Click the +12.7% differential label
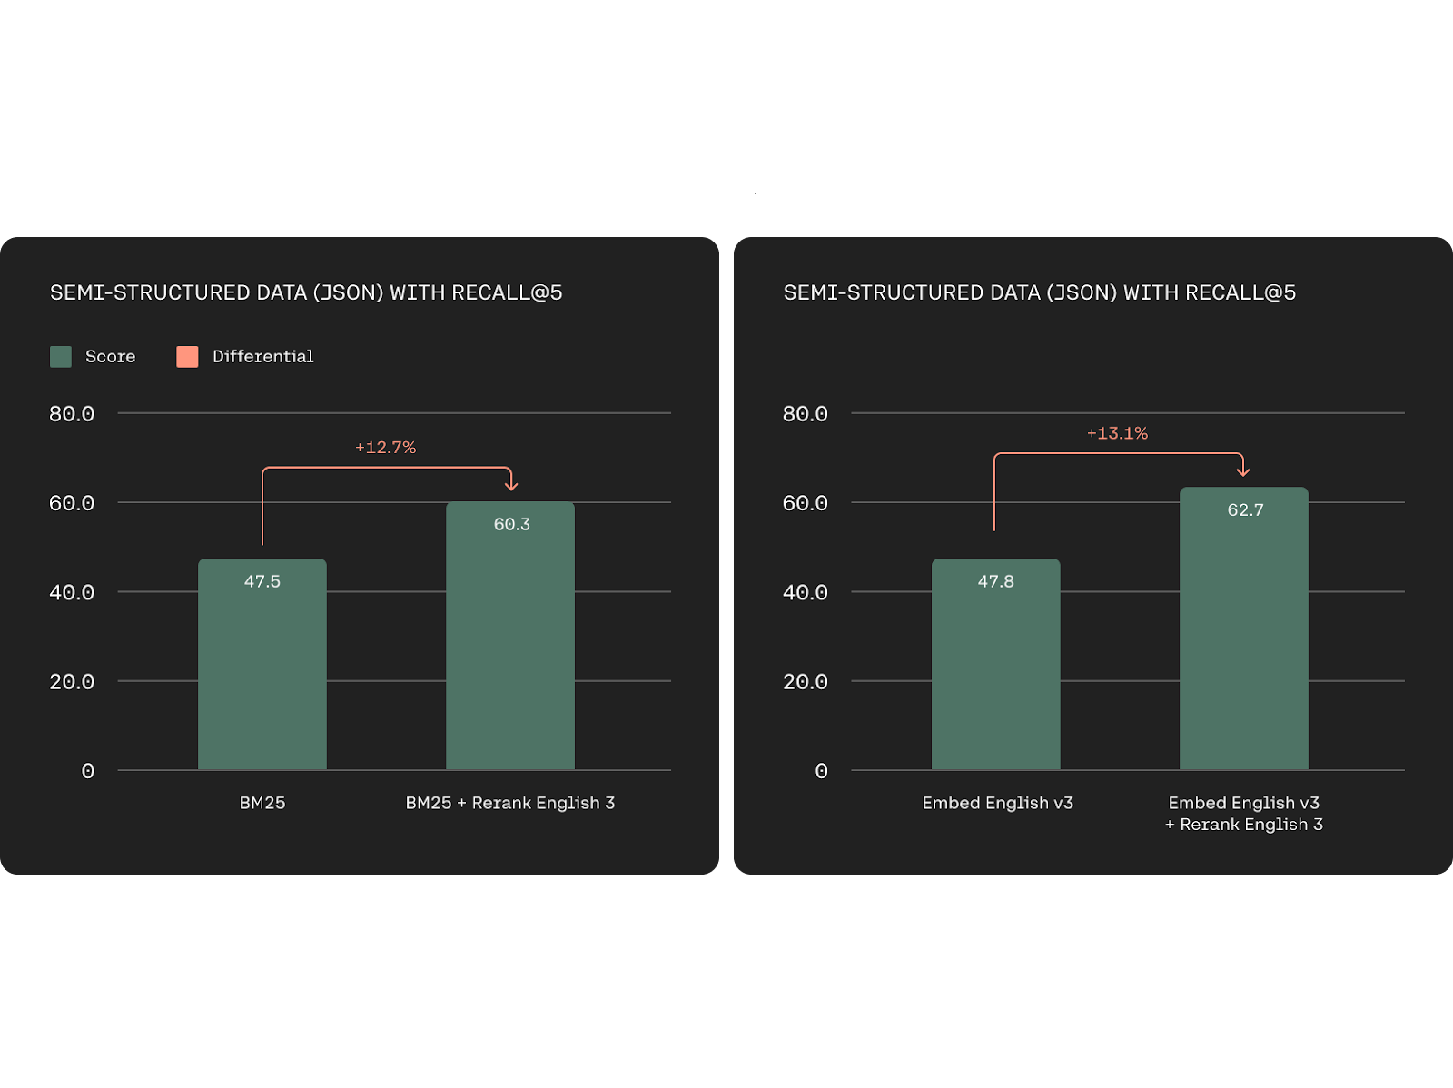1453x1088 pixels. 385,448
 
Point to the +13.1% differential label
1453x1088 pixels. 1117,433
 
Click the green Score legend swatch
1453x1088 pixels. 61,356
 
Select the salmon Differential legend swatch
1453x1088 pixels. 187,356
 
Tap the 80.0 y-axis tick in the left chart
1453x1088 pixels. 72,414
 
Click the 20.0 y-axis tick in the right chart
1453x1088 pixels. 806,682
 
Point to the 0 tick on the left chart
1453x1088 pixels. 87,771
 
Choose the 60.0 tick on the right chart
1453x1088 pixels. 806,503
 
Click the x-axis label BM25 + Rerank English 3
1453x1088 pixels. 509,803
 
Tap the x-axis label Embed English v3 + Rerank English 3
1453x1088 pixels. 1243,814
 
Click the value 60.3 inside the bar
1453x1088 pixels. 511,524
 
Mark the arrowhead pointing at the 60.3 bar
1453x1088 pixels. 511,487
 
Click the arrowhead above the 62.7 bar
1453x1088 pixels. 1243,471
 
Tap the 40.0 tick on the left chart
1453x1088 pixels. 72,593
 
